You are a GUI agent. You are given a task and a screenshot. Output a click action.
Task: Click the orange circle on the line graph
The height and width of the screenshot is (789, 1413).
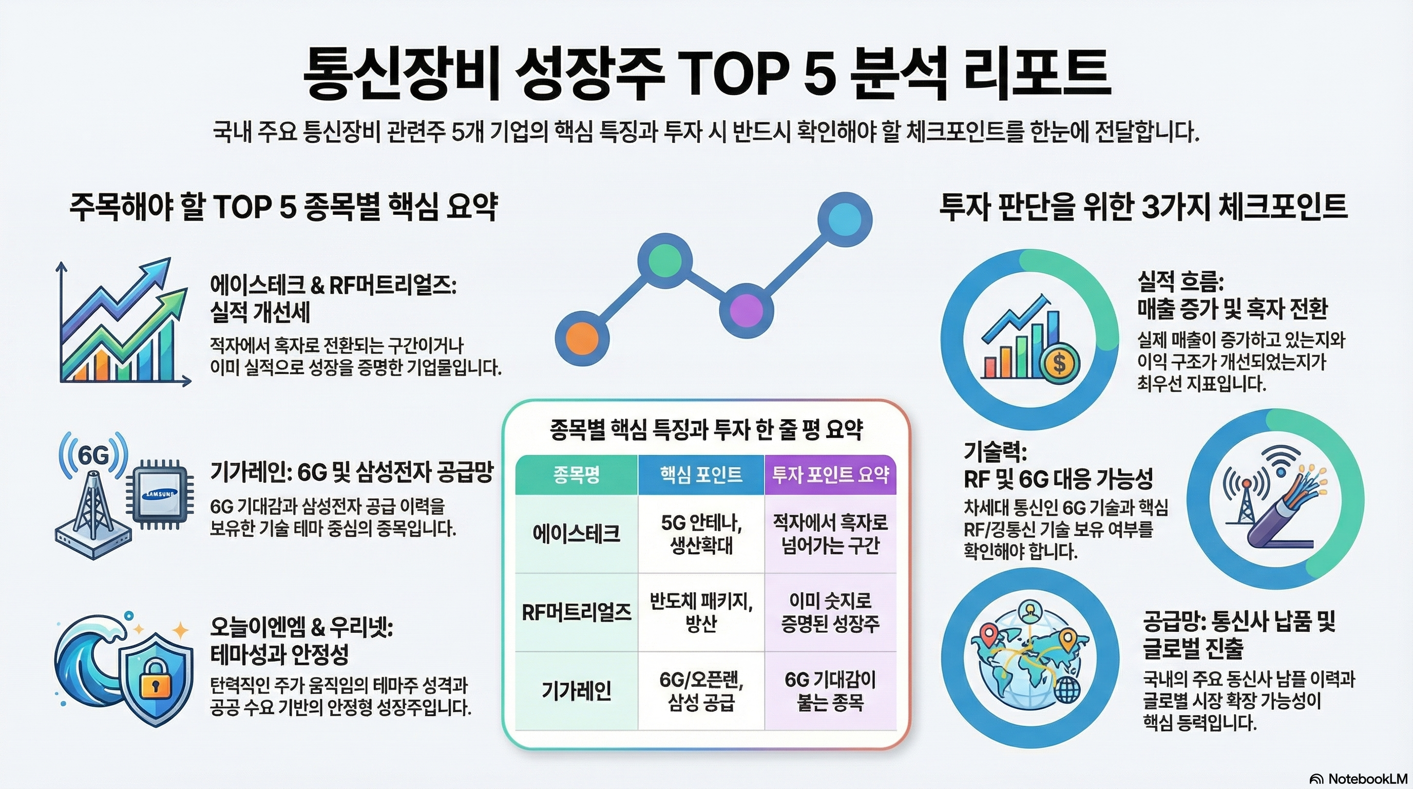pyautogui.click(x=582, y=337)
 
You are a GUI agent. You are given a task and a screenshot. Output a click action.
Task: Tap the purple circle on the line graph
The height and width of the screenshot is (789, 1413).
pyautogui.click(x=746, y=310)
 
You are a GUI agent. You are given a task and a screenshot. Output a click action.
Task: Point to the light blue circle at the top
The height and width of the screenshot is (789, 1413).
pyautogui.click(x=844, y=219)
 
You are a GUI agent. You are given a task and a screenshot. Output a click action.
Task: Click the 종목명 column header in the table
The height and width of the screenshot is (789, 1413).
pyautogui.click(x=576, y=475)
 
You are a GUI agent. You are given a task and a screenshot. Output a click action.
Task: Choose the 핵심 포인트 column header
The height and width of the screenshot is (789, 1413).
pyautogui.click(x=701, y=475)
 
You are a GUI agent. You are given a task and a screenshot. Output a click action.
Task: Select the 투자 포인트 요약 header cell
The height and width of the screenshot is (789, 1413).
pyautogui.click(x=830, y=475)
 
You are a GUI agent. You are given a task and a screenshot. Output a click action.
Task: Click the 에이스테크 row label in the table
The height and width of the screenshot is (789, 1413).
pyautogui.click(x=576, y=534)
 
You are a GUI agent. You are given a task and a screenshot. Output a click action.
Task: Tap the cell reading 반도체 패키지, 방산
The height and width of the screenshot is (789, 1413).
pyautogui.click(x=701, y=612)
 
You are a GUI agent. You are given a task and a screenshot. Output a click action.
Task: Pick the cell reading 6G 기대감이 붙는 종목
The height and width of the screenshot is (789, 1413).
pyautogui.click(x=830, y=691)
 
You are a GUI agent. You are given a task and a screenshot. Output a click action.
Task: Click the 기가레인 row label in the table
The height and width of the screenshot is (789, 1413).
pyautogui.click(x=576, y=691)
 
